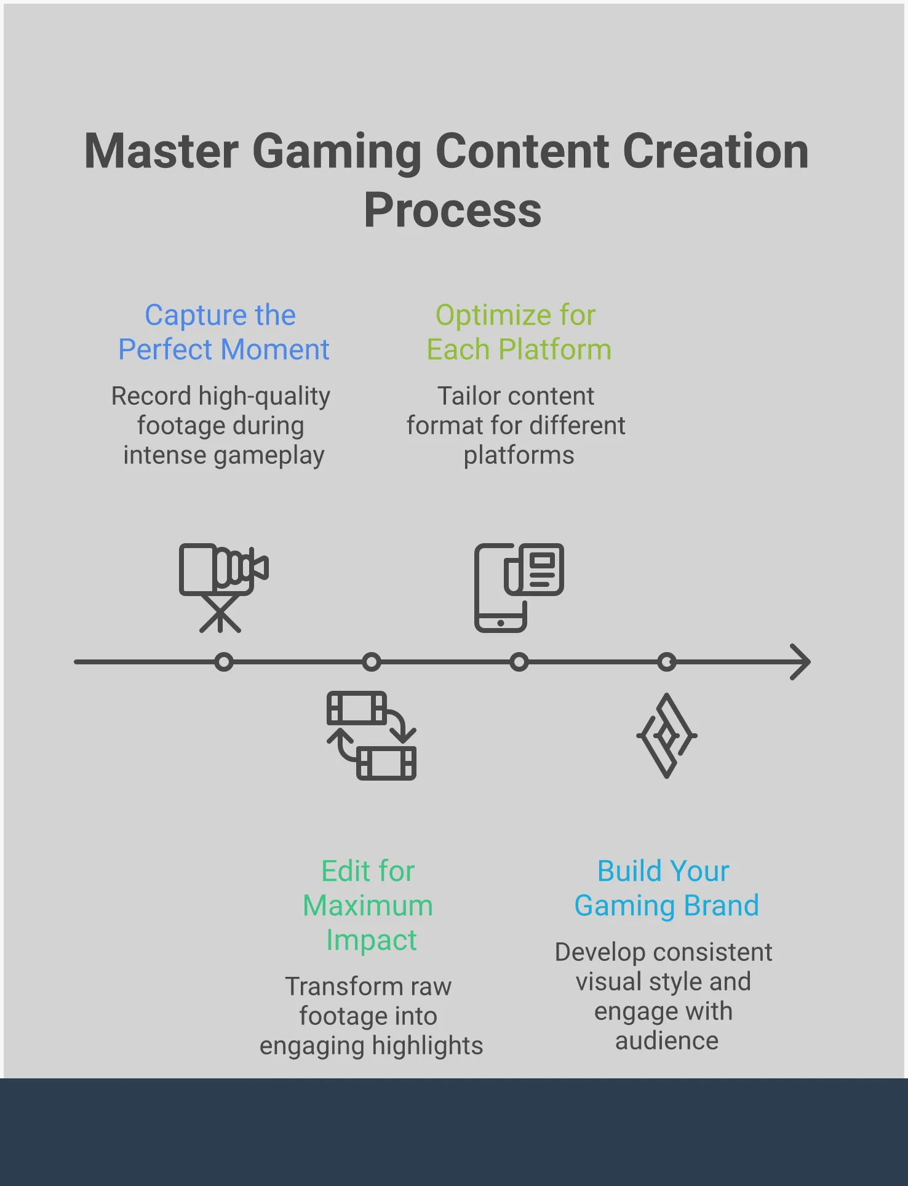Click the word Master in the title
pos(161,151)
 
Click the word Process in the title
pos(453,210)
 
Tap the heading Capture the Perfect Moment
pos(223,332)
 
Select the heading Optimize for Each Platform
pos(519,332)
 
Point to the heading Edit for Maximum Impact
pos(368,905)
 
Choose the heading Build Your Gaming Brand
pos(666,888)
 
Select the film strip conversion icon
pos(372,736)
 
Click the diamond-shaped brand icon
pos(667,736)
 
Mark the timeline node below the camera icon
pos(224,662)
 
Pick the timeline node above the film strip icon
pos(372,662)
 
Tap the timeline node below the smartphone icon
pos(519,662)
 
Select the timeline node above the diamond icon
pos(667,662)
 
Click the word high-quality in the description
pos(264,397)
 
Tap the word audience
pos(667,1041)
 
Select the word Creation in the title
pos(716,151)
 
